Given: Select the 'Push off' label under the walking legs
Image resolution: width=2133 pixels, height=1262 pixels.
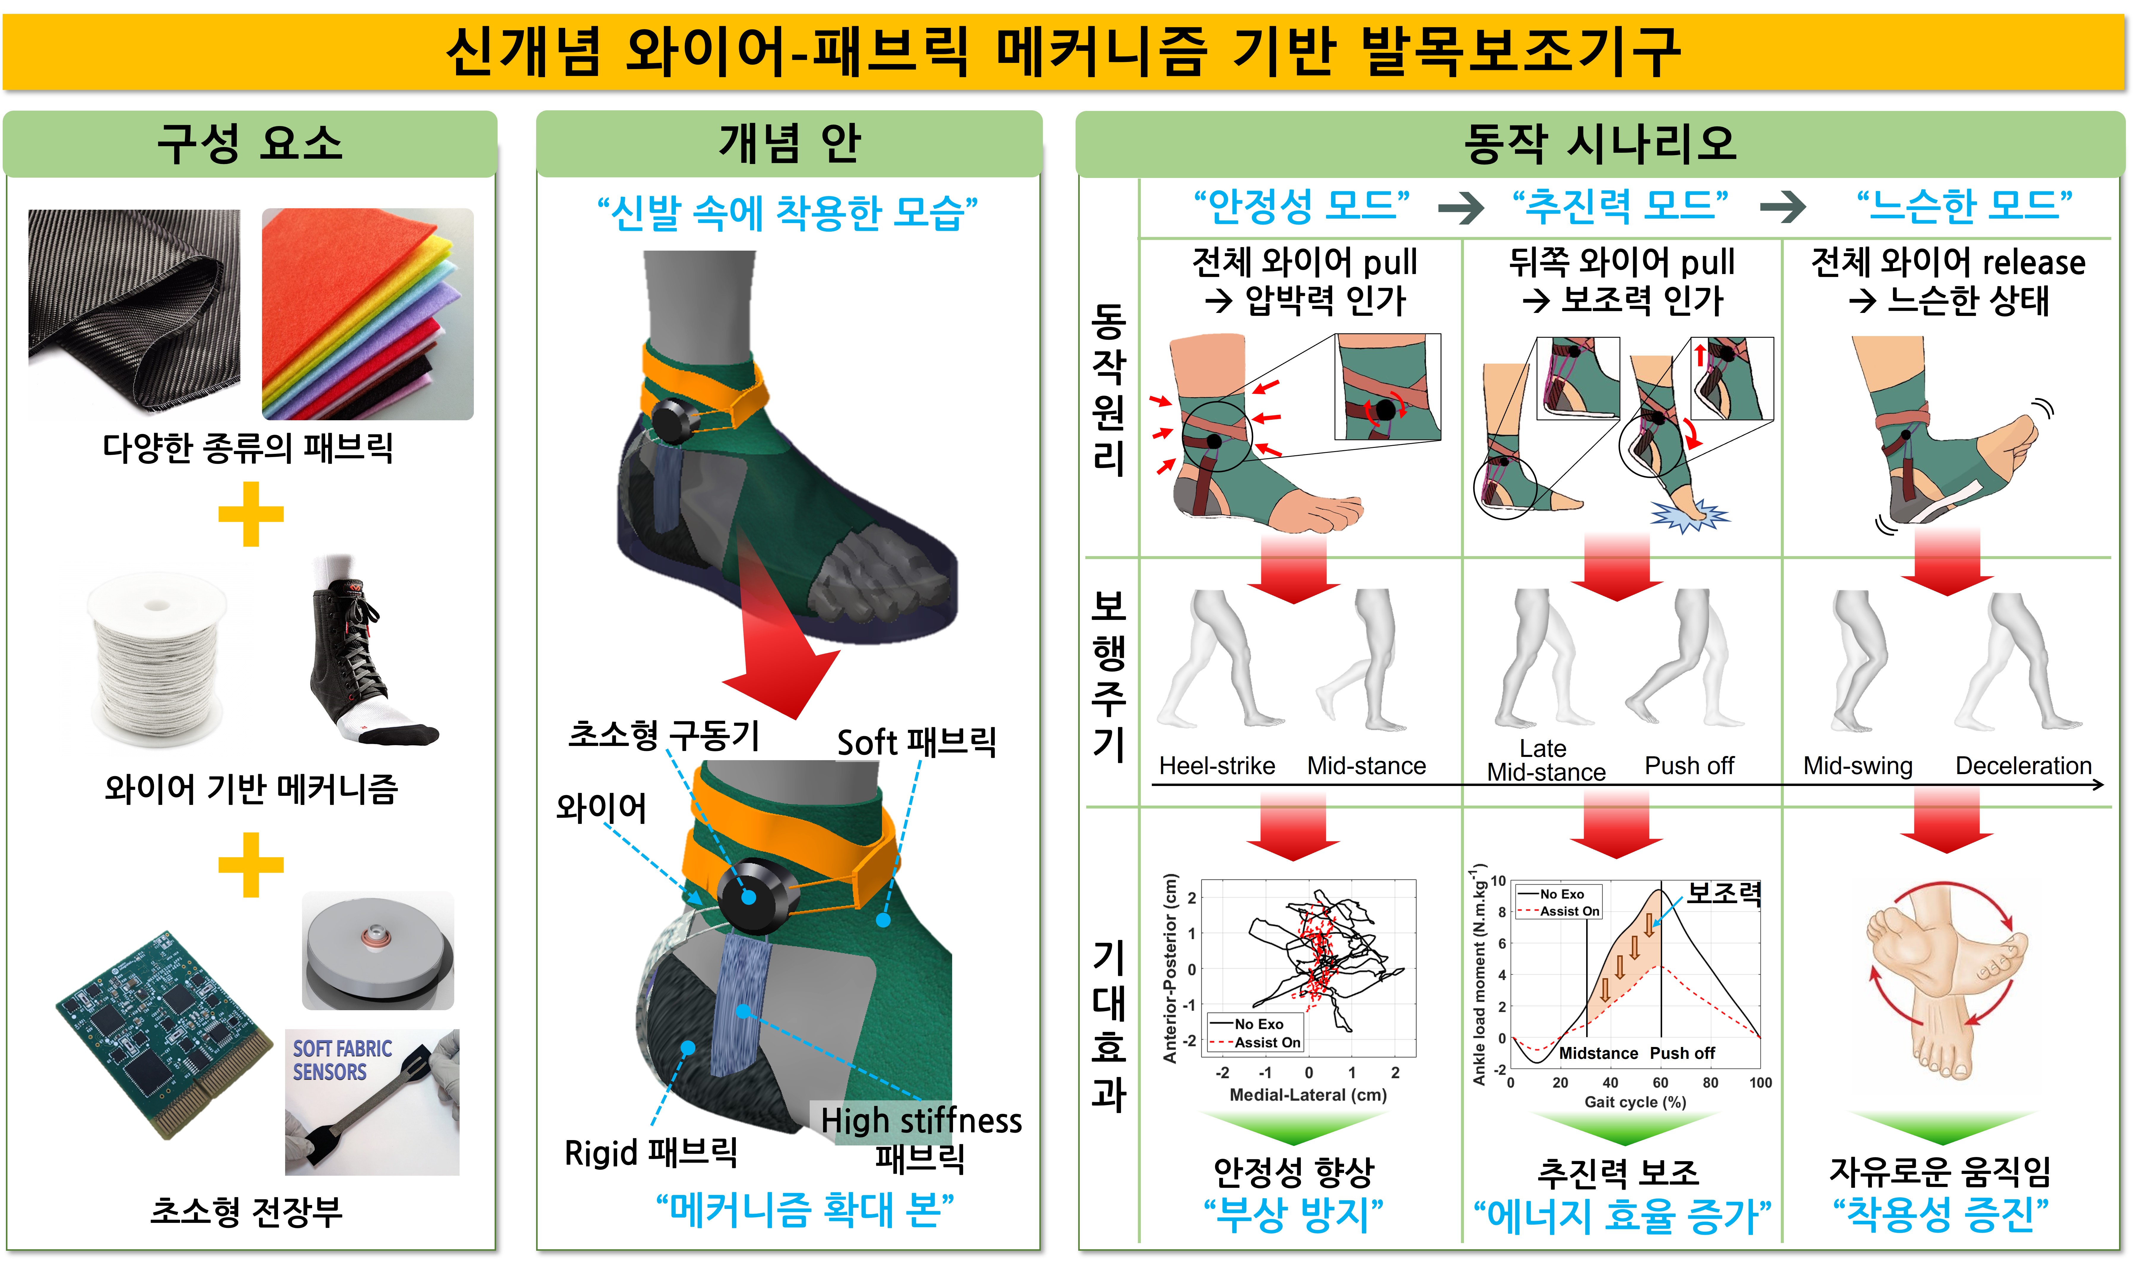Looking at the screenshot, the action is pyautogui.click(x=1689, y=766).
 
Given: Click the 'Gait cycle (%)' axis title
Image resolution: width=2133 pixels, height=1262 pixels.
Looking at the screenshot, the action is pyautogui.click(x=1635, y=1102).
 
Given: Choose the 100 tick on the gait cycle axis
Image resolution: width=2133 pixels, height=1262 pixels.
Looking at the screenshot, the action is pyautogui.click(x=1761, y=1083).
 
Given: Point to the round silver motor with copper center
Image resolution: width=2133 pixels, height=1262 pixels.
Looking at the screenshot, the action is pyautogui.click(x=379, y=951).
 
